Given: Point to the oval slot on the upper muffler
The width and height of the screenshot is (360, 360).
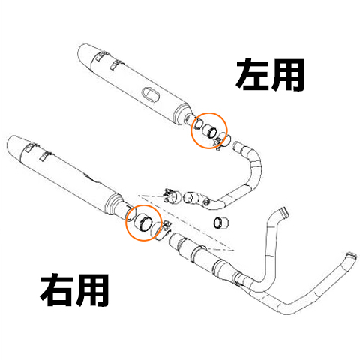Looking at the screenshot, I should pyautogui.click(x=148, y=94).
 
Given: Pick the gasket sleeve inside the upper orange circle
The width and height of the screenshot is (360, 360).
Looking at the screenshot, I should pyautogui.click(x=211, y=132).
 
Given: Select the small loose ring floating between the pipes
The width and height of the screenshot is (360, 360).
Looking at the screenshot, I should pyautogui.click(x=220, y=222).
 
